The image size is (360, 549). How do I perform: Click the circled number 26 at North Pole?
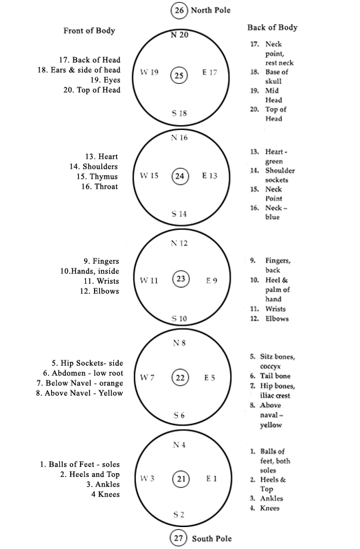coord(179,10)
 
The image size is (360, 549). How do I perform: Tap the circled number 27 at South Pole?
coord(178,538)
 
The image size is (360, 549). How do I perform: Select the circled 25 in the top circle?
coord(179,75)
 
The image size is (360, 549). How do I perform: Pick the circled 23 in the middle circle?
coord(181,278)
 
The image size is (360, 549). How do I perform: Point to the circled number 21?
coord(181,478)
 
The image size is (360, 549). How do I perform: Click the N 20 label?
coord(179,35)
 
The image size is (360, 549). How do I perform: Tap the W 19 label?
coord(149,72)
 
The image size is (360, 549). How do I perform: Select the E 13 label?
coord(209,175)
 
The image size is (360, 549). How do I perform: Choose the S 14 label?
coord(179,214)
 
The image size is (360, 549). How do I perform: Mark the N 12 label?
coord(179,243)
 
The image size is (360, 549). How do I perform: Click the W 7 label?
coord(147,377)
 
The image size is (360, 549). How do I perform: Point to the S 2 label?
coord(179,514)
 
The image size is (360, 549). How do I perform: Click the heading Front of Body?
coord(89,31)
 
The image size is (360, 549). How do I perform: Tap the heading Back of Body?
coord(273,27)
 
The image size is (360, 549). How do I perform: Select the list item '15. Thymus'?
coord(97,177)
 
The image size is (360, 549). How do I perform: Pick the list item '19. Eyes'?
coord(105,80)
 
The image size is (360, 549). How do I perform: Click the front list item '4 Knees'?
coord(105,494)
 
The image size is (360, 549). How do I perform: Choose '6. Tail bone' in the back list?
coord(270,376)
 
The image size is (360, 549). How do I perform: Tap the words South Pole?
coord(212,538)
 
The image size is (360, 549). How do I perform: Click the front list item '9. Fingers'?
coord(101,261)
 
